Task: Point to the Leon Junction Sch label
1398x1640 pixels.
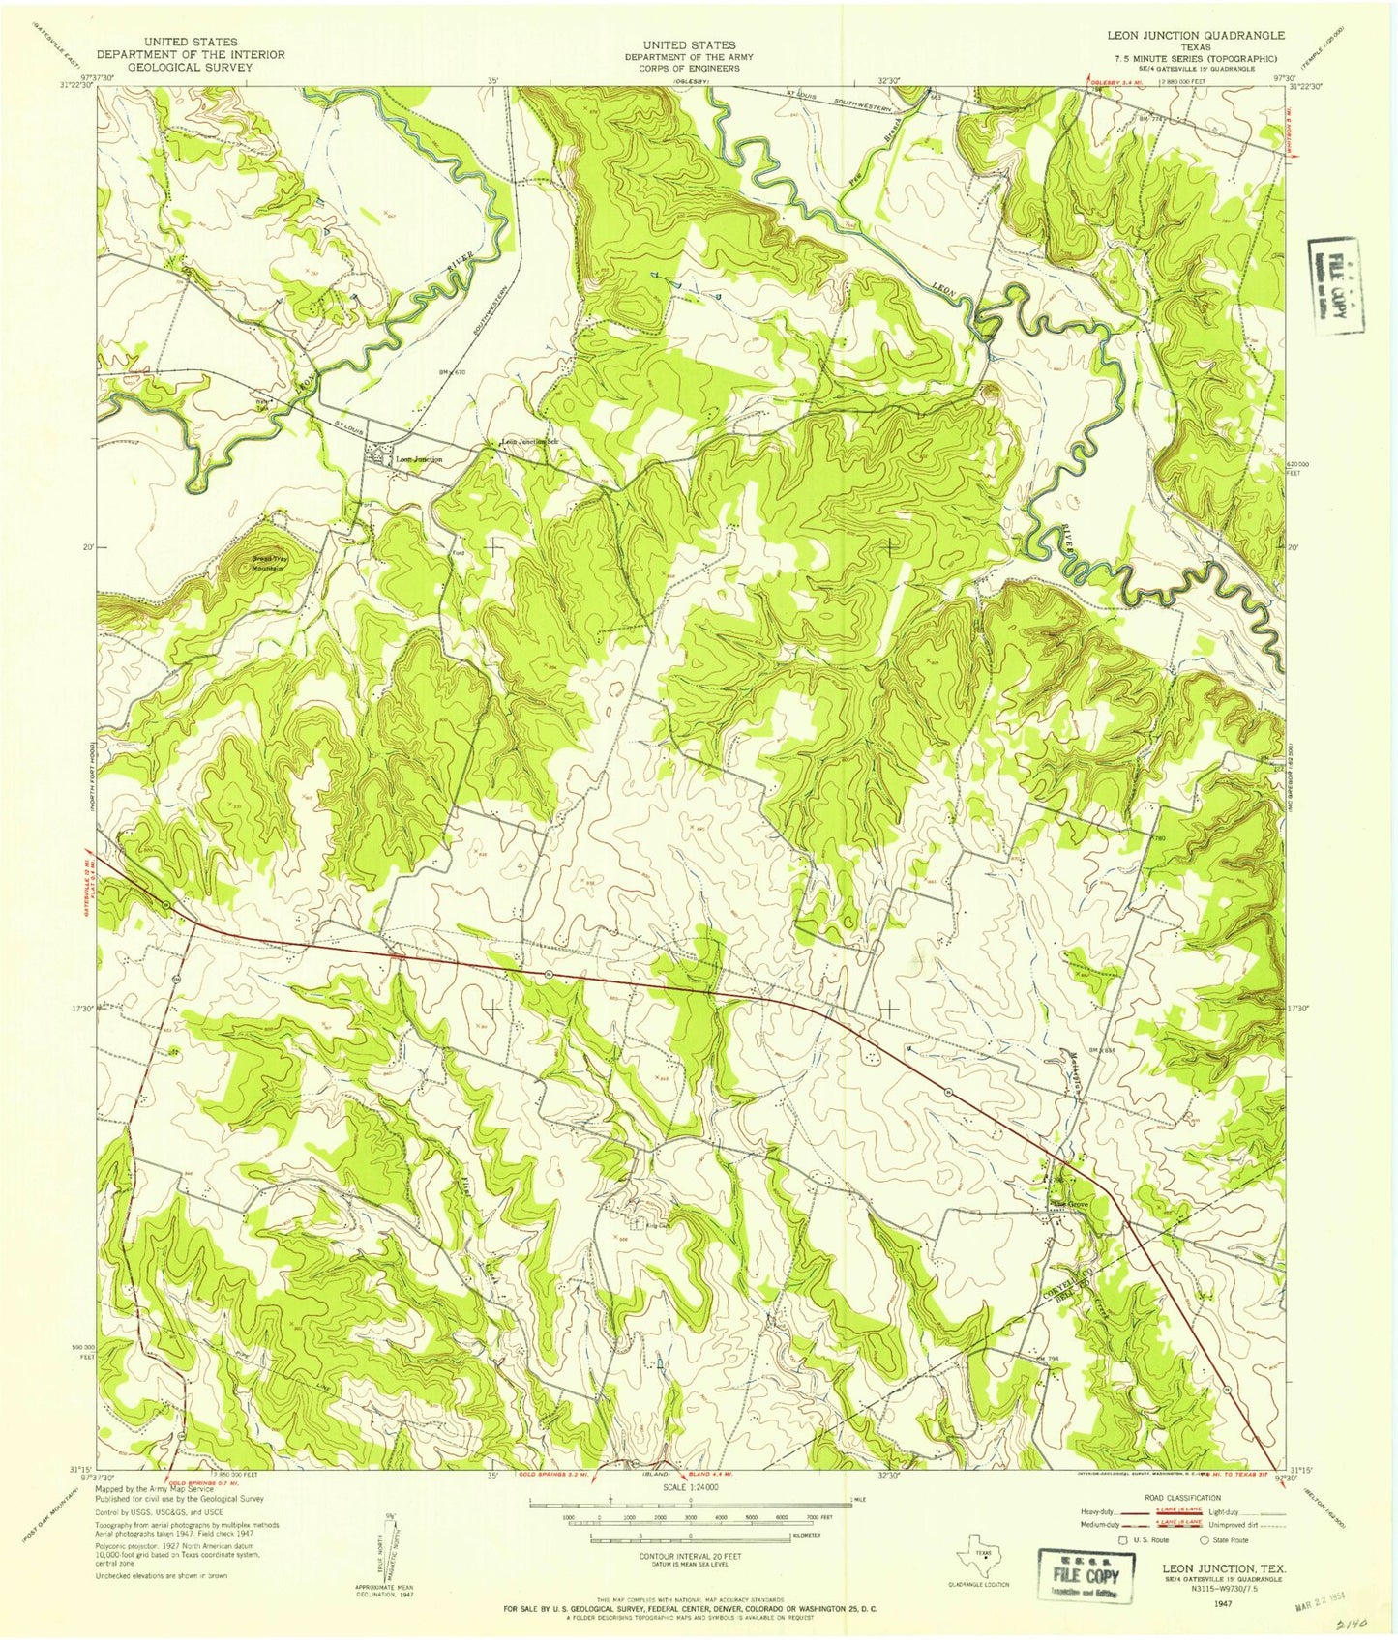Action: click(528, 442)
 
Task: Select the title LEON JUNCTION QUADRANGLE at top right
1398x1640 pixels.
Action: click(1196, 35)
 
